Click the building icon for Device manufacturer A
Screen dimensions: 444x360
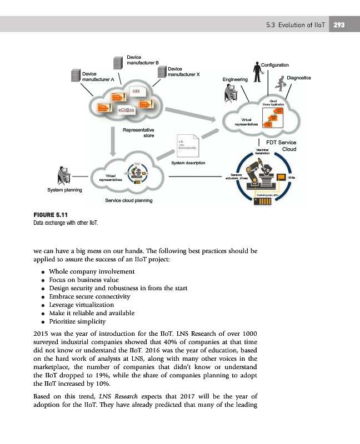tap(75, 76)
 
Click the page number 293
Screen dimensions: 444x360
tap(339, 25)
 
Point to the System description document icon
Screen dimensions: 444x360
tap(186, 147)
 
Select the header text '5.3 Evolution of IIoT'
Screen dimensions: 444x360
tap(296, 25)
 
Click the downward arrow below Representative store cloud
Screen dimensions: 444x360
tap(114, 147)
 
